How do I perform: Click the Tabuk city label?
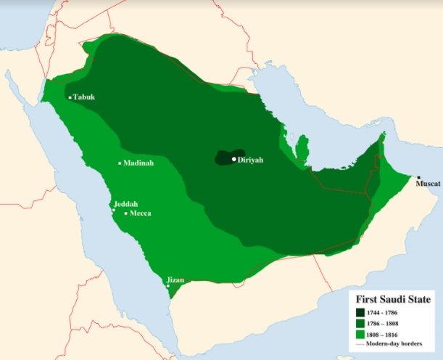tap(84, 97)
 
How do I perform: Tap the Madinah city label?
tap(138, 163)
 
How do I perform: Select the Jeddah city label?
tap(125, 204)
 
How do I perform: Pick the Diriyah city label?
tap(252, 160)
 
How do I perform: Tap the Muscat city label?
tap(427, 184)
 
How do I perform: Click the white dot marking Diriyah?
tap(233, 159)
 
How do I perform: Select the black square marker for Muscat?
tap(418, 178)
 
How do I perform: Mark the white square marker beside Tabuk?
tap(70, 97)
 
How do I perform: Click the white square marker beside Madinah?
tap(120, 163)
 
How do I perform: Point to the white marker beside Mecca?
tap(125, 213)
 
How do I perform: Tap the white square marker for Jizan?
tap(168, 286)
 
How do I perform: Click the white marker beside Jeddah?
tap(113, 210)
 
